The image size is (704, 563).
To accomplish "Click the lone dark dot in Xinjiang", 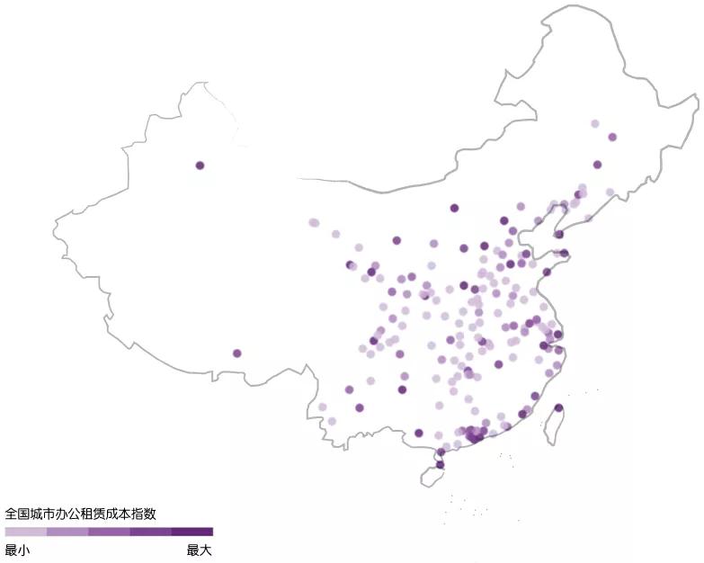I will pos(200,165).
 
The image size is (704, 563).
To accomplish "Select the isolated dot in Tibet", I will pos(237,353).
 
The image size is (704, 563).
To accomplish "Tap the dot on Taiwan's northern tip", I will pos(558,408).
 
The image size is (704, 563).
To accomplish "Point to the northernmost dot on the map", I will pos(594,123).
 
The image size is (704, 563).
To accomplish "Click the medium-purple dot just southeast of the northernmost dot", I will pos(612,138).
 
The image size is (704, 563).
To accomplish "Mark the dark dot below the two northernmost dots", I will pos(597,165).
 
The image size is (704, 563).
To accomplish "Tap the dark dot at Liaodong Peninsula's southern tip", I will pos(558,234).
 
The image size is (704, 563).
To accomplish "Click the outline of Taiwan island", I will pos(548,432).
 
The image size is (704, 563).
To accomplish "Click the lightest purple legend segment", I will pos(25,532).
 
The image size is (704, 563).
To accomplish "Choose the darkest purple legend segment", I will pos(192,532).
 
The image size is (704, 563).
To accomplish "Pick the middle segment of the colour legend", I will pos(109,532).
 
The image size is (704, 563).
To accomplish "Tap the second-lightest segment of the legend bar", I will pos(67,532).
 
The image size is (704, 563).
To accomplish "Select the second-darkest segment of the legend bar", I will pos(150,532).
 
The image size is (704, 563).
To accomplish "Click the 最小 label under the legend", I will pos(17,550).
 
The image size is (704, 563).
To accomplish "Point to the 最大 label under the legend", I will pos(200,550).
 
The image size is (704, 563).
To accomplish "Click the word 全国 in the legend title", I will pos(17,514).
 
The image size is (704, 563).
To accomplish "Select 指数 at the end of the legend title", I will pos(144,514).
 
